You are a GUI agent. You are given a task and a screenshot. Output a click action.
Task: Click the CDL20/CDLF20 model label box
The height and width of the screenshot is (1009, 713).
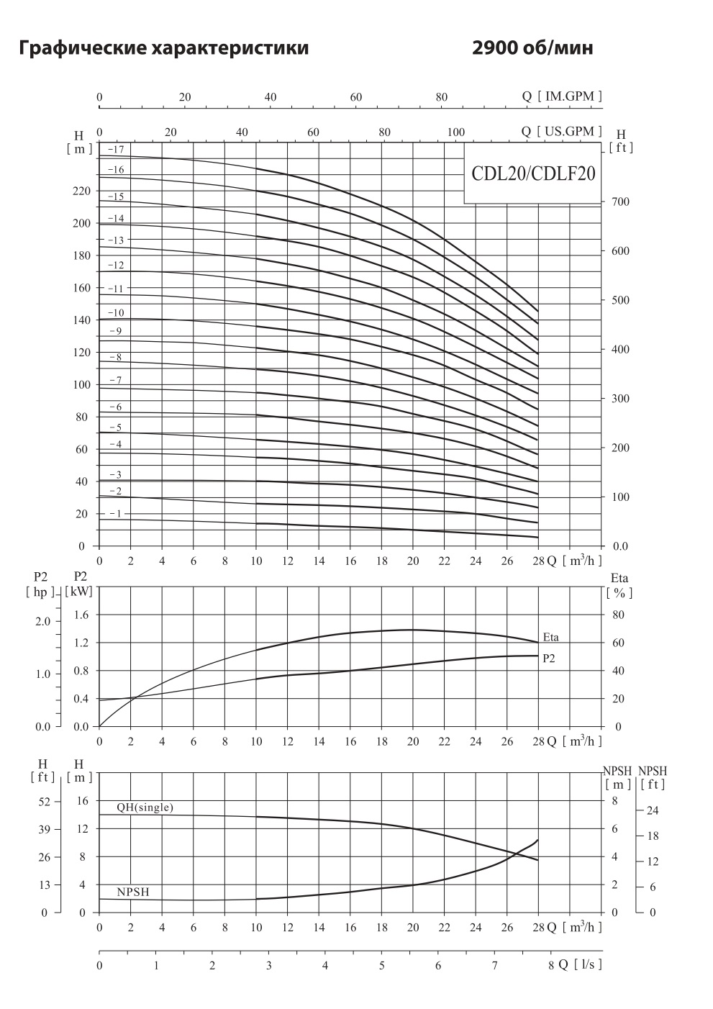[532, 173]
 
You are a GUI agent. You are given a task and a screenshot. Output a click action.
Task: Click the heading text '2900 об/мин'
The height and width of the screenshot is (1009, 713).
[532, 49]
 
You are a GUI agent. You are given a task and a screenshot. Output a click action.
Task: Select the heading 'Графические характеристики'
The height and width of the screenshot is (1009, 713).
[165, 49]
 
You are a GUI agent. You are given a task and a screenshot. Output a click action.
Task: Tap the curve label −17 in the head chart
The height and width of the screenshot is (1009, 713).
[116, 150]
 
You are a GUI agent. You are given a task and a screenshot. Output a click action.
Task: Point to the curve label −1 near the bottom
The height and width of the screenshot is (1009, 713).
[116, 513]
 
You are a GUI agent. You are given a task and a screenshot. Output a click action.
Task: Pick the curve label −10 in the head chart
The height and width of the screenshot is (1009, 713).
[116, 313]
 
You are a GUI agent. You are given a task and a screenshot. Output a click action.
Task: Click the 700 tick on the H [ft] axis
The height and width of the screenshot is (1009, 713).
[620, 202]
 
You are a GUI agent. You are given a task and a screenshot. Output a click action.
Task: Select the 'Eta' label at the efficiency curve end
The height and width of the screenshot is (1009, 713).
[550, 638]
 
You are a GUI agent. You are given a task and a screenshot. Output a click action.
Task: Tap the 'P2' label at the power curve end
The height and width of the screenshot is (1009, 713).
[548, 658]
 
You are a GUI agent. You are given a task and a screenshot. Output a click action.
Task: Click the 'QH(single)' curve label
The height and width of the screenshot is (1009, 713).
[145, 807]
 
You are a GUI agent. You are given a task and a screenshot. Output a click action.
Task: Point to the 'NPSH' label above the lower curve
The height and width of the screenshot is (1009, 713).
[133, 892]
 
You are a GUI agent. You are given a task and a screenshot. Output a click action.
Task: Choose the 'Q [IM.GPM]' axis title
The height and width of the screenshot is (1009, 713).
[562, 96]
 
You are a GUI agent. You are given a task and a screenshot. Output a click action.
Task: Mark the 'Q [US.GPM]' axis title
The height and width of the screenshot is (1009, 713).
[562, 131]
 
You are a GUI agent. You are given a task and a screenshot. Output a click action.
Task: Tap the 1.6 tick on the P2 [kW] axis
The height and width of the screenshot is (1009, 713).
[81, 615]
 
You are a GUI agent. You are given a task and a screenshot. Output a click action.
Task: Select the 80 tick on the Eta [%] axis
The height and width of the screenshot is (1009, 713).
[618, 615]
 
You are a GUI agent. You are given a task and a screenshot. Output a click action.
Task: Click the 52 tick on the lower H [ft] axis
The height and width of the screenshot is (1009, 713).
[45, 801]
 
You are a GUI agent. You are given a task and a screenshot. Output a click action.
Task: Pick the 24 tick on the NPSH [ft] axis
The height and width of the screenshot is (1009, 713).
[653, 810]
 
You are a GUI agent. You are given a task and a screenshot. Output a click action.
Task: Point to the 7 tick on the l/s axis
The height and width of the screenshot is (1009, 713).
[494, 966]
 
